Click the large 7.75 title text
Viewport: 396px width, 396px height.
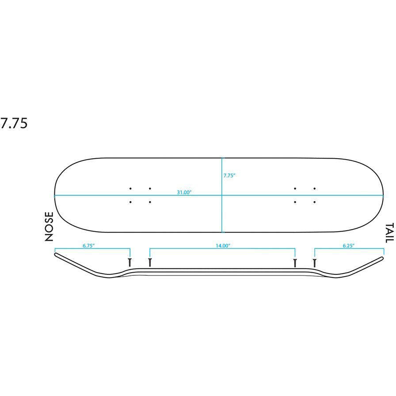14,123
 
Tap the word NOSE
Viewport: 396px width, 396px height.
49,226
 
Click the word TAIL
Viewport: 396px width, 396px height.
389,233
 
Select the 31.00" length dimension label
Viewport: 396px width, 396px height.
184,192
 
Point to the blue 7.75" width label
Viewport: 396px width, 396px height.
229,175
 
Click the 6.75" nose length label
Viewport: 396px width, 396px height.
89,245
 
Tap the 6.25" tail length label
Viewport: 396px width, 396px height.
349,245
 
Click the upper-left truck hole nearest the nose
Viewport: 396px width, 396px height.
130,188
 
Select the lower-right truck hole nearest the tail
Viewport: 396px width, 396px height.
314,202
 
